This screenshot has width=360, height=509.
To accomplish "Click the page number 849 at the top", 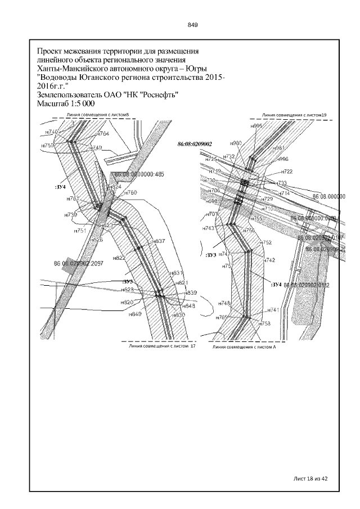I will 192,25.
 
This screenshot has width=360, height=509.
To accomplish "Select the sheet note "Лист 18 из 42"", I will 310,478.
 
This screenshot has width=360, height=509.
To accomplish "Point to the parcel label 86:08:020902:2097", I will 76,263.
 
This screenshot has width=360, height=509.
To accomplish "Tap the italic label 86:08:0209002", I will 194,144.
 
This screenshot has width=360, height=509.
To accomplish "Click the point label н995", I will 256,127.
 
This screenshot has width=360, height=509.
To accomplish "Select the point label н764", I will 103,134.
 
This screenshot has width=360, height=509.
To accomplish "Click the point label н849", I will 136,313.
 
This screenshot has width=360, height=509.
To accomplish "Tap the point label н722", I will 286,172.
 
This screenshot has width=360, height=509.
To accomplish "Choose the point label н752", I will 267,242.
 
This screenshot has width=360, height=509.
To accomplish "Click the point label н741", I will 273,310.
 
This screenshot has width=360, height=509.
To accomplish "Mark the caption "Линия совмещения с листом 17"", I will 161,347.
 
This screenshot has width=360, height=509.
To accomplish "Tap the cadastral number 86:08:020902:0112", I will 307,286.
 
